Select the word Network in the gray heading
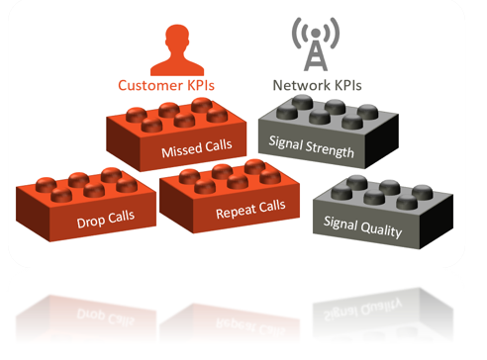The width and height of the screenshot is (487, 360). pyautogui.click(x=297, y=86)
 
